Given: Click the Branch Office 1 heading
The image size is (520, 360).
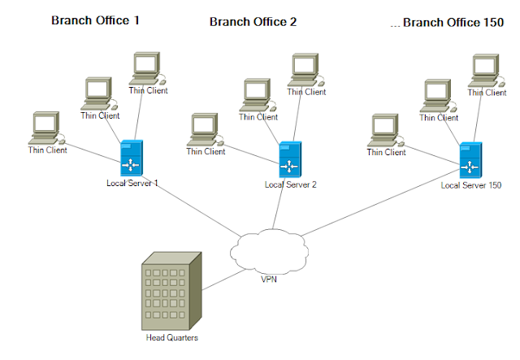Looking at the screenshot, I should click(x=95, y=20).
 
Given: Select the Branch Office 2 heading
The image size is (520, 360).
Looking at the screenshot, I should click(x=253, y=22).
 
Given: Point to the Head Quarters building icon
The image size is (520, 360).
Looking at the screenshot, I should click(x=170, y=288).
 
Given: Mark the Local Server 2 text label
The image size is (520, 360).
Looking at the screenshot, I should click(x=290, y=184).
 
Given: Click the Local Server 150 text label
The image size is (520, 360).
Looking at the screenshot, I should click(x=471, y=185).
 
